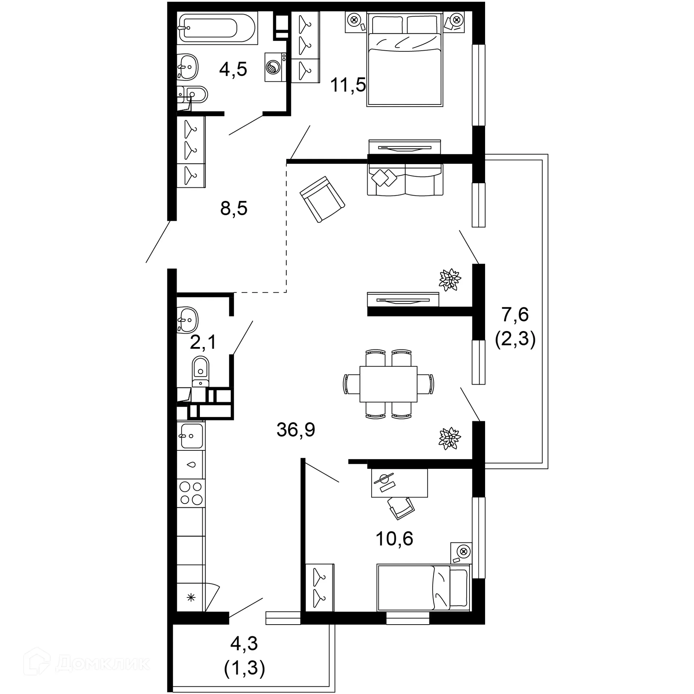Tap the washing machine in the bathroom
pos(275,67)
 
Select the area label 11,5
pos(348,85)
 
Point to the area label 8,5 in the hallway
pos(234,209)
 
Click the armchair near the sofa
pos(322,199)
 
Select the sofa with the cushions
pos(405,180)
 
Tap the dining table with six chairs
pos(388,384)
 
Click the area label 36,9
pos(296,430)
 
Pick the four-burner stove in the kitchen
pos(191,493)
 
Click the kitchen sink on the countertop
pos(191,436)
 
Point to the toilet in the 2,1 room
pos(201,370)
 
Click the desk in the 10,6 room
pos(399,483)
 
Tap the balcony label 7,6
pos(515,314)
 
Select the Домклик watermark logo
pos(87,663)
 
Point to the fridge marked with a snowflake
pos(191,597)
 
